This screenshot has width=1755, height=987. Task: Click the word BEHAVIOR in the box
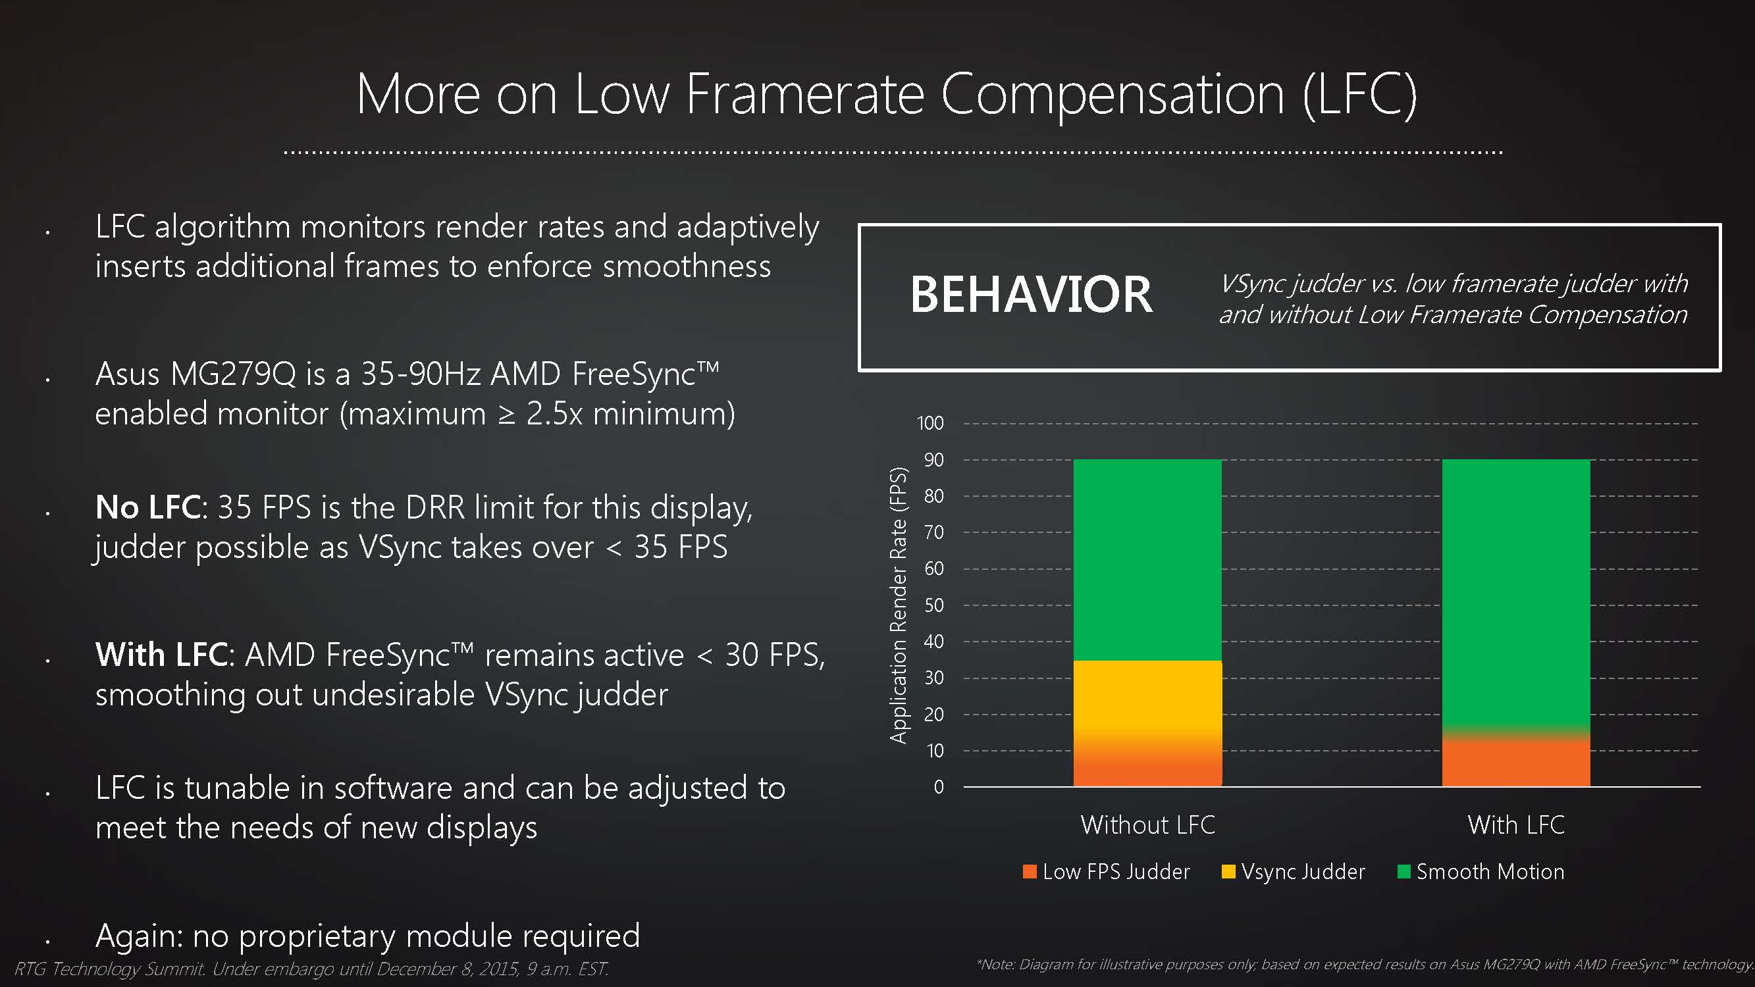pyautogui.click(x=1031, y=295)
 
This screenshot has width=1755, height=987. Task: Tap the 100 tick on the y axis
pyautogui.click(x=931, y=423)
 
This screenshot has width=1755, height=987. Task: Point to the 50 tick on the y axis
pyautogui.click(x=934, y=605)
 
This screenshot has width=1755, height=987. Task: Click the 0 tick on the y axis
pyautogui.click(x=939, y=787)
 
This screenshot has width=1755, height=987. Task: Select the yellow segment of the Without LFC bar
pyautogui.click(x=1147, y=695)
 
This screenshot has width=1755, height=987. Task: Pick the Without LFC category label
pyautogui.click(x=1147, y=825)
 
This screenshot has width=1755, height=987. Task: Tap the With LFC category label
pyautogui.click(x=1516, y=825)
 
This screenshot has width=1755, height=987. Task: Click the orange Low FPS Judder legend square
pyautogui.click(x=1030, y=871)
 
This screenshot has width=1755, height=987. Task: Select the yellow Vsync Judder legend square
pyautogui.click(x=1228, y=871)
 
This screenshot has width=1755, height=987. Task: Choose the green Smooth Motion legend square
pyautogui.click(x=1403, y=871)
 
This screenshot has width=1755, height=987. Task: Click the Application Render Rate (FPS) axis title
pyautogui.click(x=899, y=605)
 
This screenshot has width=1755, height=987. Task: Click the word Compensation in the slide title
pyautogui.click(x=1112, y=95)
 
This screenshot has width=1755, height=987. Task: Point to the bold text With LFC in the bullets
pyautogui.click(x=161, y=655)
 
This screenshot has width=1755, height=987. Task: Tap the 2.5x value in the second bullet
pyautogui.click(x=554, y=413)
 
